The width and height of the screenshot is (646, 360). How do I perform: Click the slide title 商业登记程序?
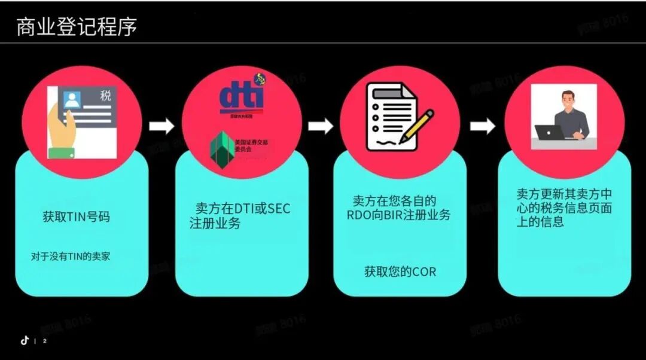(x=77, y=27)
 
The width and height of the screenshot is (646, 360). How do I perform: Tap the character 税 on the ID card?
(x=105, y=95)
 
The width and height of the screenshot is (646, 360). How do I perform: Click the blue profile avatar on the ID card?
(x=72, y=100)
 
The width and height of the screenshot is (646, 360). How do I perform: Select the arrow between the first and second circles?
(x=161, y=126)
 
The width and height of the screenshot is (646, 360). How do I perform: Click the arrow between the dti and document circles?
(x=321, y=126)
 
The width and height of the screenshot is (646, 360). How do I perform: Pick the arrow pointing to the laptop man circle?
(x=482, y=126)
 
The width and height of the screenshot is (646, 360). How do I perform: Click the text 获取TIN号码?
(x=76, y=216)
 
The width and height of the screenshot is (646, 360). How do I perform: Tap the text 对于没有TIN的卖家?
(x=71, y=257)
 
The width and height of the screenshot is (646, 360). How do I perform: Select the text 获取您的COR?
(x=400, y=271)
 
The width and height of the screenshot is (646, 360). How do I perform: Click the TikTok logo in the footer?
(x=25, y=340)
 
